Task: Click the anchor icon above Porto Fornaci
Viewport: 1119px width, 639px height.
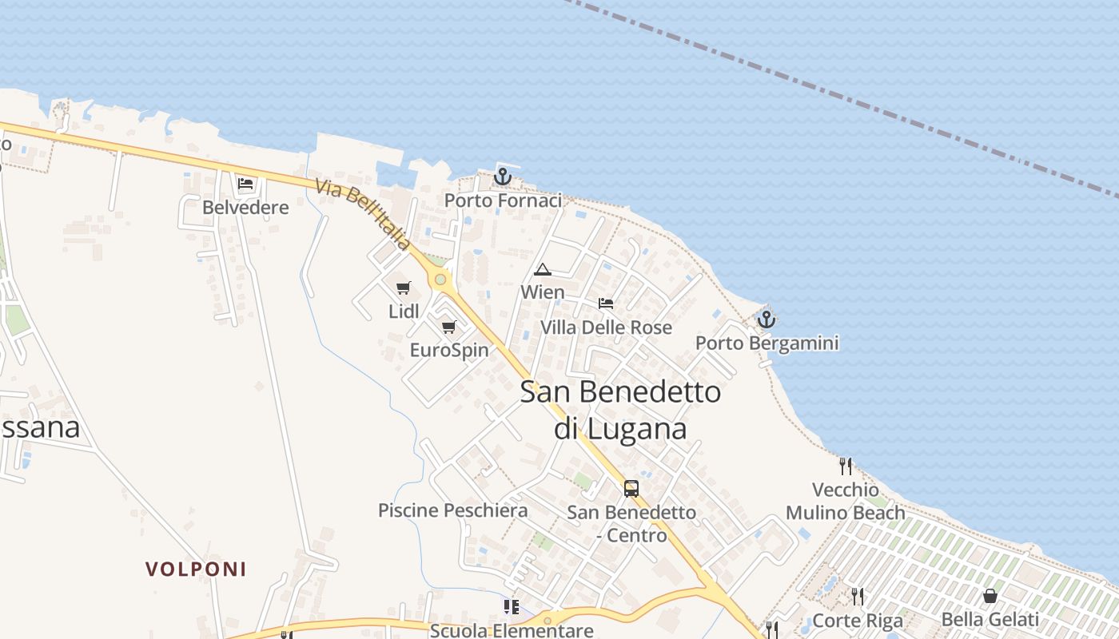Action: click(x=502, y=177)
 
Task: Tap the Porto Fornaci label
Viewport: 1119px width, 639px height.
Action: click(x=503, y=200)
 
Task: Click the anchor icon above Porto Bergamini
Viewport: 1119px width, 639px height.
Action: click(x=767, y=319)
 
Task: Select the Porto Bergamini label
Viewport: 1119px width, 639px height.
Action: click(x=767, y=343)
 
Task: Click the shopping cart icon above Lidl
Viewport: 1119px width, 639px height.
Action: click(x=404, y=288)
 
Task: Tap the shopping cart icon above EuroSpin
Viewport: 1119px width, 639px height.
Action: click(x=449, y=327)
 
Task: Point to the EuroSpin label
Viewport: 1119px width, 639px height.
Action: click(x=449, y=350)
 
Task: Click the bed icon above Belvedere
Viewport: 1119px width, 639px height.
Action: click(x=245, y=184)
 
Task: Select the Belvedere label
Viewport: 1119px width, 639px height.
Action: click(x=245, y=208)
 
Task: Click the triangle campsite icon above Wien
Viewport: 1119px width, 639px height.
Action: click(x=543, y=269)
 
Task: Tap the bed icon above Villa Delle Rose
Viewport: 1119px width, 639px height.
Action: click(x=606, y=304)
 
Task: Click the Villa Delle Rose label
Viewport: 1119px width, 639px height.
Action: click(x=606, y=327)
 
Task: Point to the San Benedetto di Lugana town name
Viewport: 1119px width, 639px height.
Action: click(x=620, y=410)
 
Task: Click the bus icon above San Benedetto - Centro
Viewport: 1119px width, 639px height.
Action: click(x=631, y=488)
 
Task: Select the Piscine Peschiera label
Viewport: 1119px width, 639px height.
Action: click(x=452, y=510)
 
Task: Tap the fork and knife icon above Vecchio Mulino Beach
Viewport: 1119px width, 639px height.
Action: click(x=846, y=466)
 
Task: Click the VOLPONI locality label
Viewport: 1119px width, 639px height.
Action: click(x=196, y=570)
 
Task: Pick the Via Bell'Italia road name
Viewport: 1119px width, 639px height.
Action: click(x=364, y=214)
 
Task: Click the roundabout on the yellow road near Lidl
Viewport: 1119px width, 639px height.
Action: click(x=440, y=280)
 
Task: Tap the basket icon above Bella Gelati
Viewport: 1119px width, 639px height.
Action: click(x=990, y=596)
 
